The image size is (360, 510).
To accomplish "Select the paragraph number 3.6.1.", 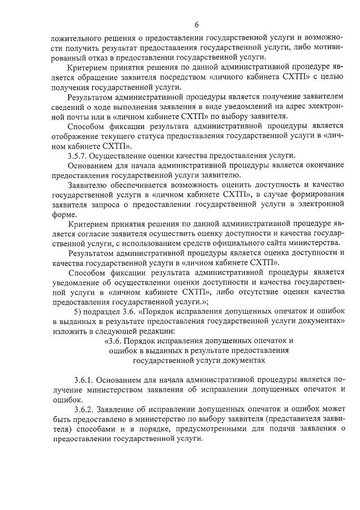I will coord(86,380).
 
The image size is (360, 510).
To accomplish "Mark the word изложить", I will coord(67,331).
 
